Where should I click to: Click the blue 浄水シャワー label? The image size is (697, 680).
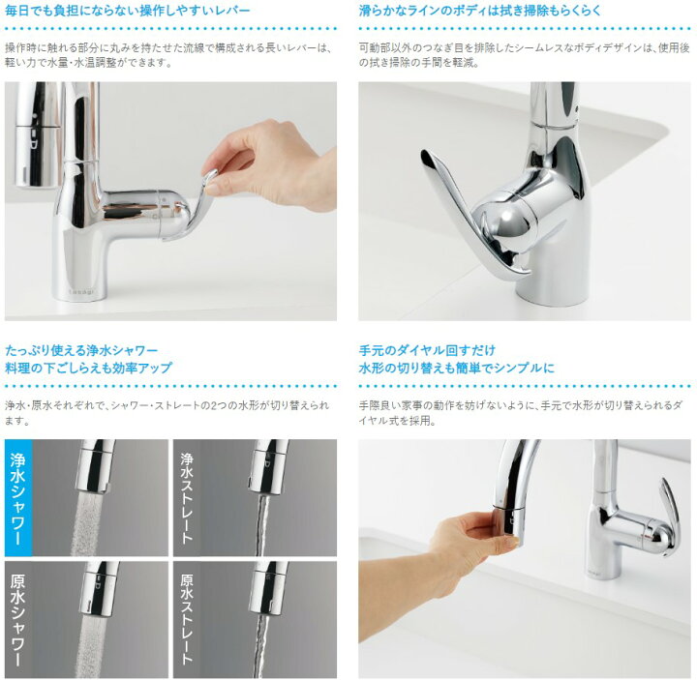click(17, 498)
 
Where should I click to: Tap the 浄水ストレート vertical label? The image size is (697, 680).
click(187, 498)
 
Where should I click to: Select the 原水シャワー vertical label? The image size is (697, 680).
click(17, 620)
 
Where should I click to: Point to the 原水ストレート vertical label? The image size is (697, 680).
click(187, 620)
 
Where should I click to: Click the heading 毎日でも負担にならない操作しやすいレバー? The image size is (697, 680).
click(128, 11)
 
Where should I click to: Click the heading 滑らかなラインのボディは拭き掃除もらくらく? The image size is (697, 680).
click(479, 11)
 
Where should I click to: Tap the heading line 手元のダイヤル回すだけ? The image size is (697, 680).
click(427, 350)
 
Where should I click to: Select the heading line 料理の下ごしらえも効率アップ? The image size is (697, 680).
click(88, 368)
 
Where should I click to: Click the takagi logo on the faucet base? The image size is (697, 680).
click(81, 292)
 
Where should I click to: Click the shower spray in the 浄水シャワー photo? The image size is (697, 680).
click(87, 523)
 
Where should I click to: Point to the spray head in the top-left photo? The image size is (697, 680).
click(37, 133)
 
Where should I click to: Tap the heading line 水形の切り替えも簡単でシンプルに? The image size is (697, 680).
click(457, 368)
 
